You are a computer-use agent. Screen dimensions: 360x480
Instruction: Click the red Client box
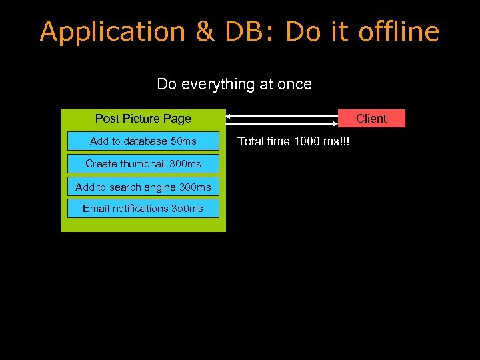[x=371, y=119]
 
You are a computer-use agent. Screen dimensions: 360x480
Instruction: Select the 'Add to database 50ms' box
[x=143, y=141]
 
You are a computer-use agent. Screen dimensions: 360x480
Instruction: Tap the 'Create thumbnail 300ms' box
[x=143, y=163]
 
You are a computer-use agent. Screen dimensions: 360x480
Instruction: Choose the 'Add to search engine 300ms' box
[x=143, y=187]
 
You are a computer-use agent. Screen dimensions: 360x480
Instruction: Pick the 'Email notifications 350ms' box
[x=143, y=209]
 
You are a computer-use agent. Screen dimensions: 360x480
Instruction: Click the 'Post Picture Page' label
[x=143, y=119]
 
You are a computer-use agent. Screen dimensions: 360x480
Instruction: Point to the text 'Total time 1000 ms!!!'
[x=293, y=141]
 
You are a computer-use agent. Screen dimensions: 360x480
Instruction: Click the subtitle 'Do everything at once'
[x=234, y=84]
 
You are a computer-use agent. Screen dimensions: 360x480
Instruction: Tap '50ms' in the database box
[x=183, y=141]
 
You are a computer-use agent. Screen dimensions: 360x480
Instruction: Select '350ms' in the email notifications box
[x=187, y=209]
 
